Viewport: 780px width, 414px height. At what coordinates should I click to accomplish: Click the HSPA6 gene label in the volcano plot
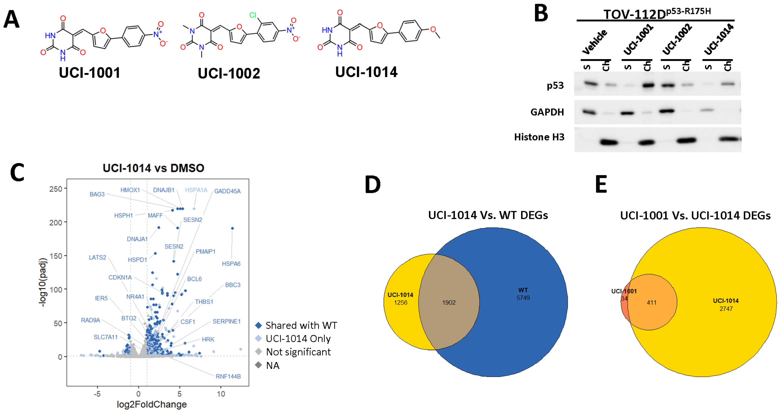click(x=231, y=264)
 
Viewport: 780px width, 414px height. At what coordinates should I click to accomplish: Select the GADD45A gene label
click(x=227, y=191)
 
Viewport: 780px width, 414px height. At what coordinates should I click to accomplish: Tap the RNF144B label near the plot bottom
click(x=228, y=377)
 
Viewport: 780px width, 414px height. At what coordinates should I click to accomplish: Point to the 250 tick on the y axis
click(x=56, y=189)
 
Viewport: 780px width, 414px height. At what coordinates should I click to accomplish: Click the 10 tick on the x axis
click(x=221, y=394)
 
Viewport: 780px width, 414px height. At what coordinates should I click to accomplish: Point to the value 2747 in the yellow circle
click(x=726, y=309)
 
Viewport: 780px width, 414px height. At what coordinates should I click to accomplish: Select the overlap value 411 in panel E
click(x=652, y=303)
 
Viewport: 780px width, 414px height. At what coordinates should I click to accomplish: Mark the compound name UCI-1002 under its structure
click(x=229, y=74)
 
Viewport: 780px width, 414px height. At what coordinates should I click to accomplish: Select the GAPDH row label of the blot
click(x=547, y=112)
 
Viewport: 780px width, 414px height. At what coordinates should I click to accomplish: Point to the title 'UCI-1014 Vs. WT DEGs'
click(x=488, y=215)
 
